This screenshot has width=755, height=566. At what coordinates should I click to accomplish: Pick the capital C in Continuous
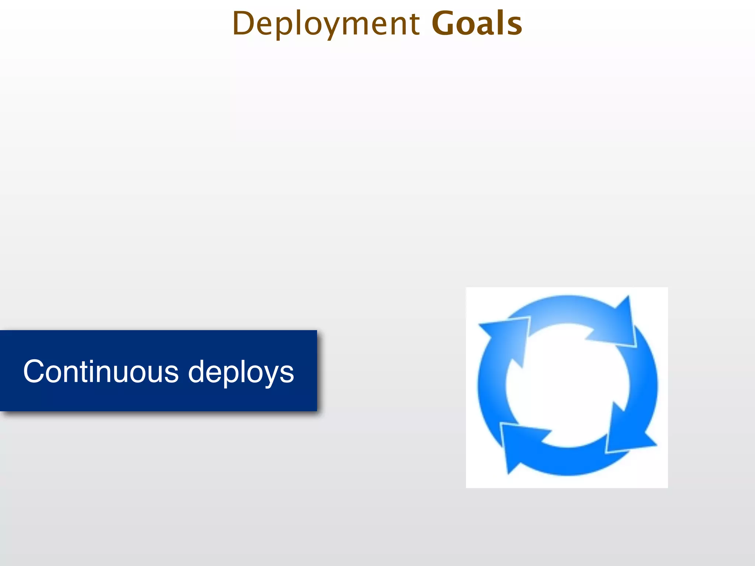click(34, 371)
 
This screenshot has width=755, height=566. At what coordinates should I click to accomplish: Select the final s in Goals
click(514, 26)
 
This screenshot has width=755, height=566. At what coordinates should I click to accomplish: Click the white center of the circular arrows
click(567, 385)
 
